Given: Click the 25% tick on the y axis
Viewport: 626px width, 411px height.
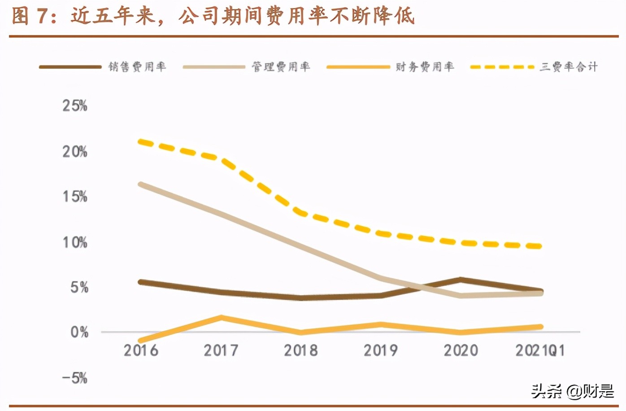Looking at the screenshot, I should tap(74, 106).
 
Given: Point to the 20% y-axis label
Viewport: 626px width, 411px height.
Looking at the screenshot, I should tap(74, 152).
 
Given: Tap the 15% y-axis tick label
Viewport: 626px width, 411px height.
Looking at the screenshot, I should tap(74, 197).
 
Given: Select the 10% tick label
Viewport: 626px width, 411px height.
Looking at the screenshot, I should tap(74, 242).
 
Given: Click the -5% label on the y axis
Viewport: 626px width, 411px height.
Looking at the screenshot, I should tap(74, 378).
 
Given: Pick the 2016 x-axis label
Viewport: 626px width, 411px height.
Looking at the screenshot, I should tap(141, 350).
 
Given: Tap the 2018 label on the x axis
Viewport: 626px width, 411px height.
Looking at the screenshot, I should tap(301, 350).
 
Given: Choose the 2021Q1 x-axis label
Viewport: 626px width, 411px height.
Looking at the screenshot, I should tap(539, 350).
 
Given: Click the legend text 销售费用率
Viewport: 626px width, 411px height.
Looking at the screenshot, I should tap(137, 67).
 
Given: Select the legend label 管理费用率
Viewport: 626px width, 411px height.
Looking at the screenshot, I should tap(281, 67).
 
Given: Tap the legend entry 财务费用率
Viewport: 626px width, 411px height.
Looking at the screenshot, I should tap(425, 67).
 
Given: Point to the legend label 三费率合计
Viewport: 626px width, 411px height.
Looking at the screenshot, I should tap(569, 67).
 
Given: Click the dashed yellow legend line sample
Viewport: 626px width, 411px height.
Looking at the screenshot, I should tap(502, 67).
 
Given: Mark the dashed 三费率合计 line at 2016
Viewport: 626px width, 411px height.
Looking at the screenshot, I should tap(141, 142).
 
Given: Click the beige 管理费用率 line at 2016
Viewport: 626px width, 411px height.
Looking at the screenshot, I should tap(141, 184).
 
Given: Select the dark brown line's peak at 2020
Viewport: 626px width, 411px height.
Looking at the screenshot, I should tap(461, 280).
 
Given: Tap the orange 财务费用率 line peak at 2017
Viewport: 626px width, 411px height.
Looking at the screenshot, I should tap(221, 318).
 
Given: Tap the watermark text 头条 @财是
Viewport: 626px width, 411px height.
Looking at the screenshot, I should tap(572, 391).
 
